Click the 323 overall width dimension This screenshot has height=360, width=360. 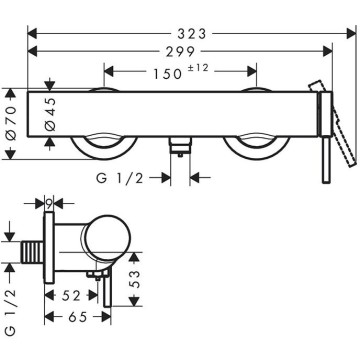[x=192, y=34]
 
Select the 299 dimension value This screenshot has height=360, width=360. [x=181, y=51]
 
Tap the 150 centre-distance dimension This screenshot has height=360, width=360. [x=167, y=74]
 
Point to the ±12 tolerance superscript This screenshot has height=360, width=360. [x=199, y=68]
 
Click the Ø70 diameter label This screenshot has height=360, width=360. [x=11, y=122]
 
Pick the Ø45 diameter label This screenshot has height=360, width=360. [x=51, y=114]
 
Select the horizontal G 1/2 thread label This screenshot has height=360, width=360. [x=120, y=178]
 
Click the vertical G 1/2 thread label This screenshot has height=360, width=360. [x=11, y=312]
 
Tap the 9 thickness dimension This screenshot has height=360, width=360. [x=49, y=203]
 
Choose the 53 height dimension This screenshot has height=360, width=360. [x=134, y=279]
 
